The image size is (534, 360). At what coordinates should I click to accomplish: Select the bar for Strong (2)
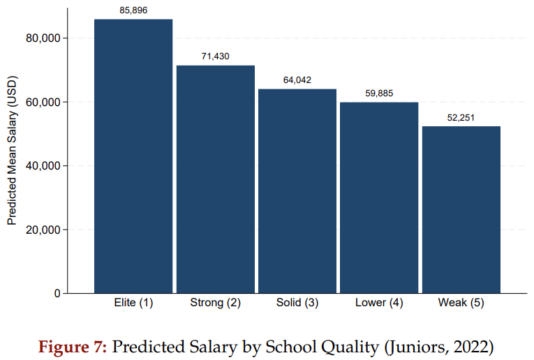(215, 179)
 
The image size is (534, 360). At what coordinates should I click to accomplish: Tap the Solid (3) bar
(297, 191)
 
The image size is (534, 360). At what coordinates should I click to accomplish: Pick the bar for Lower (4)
(378, 197)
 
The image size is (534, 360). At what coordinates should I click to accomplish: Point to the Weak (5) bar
(461, 209)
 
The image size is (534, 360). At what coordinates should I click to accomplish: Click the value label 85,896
(133, 11)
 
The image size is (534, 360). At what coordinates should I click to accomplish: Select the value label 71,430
(215, 57)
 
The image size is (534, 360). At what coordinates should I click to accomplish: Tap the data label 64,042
(297, 80)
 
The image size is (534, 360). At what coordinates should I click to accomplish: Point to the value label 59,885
(379, 93)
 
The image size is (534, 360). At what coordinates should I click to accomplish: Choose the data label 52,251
(461, 117)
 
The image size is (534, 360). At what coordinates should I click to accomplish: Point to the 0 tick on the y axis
(57, 294)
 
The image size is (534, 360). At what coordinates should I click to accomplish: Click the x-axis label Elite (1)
(133, 303)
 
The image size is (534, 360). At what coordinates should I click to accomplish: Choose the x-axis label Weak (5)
(461, 303)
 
